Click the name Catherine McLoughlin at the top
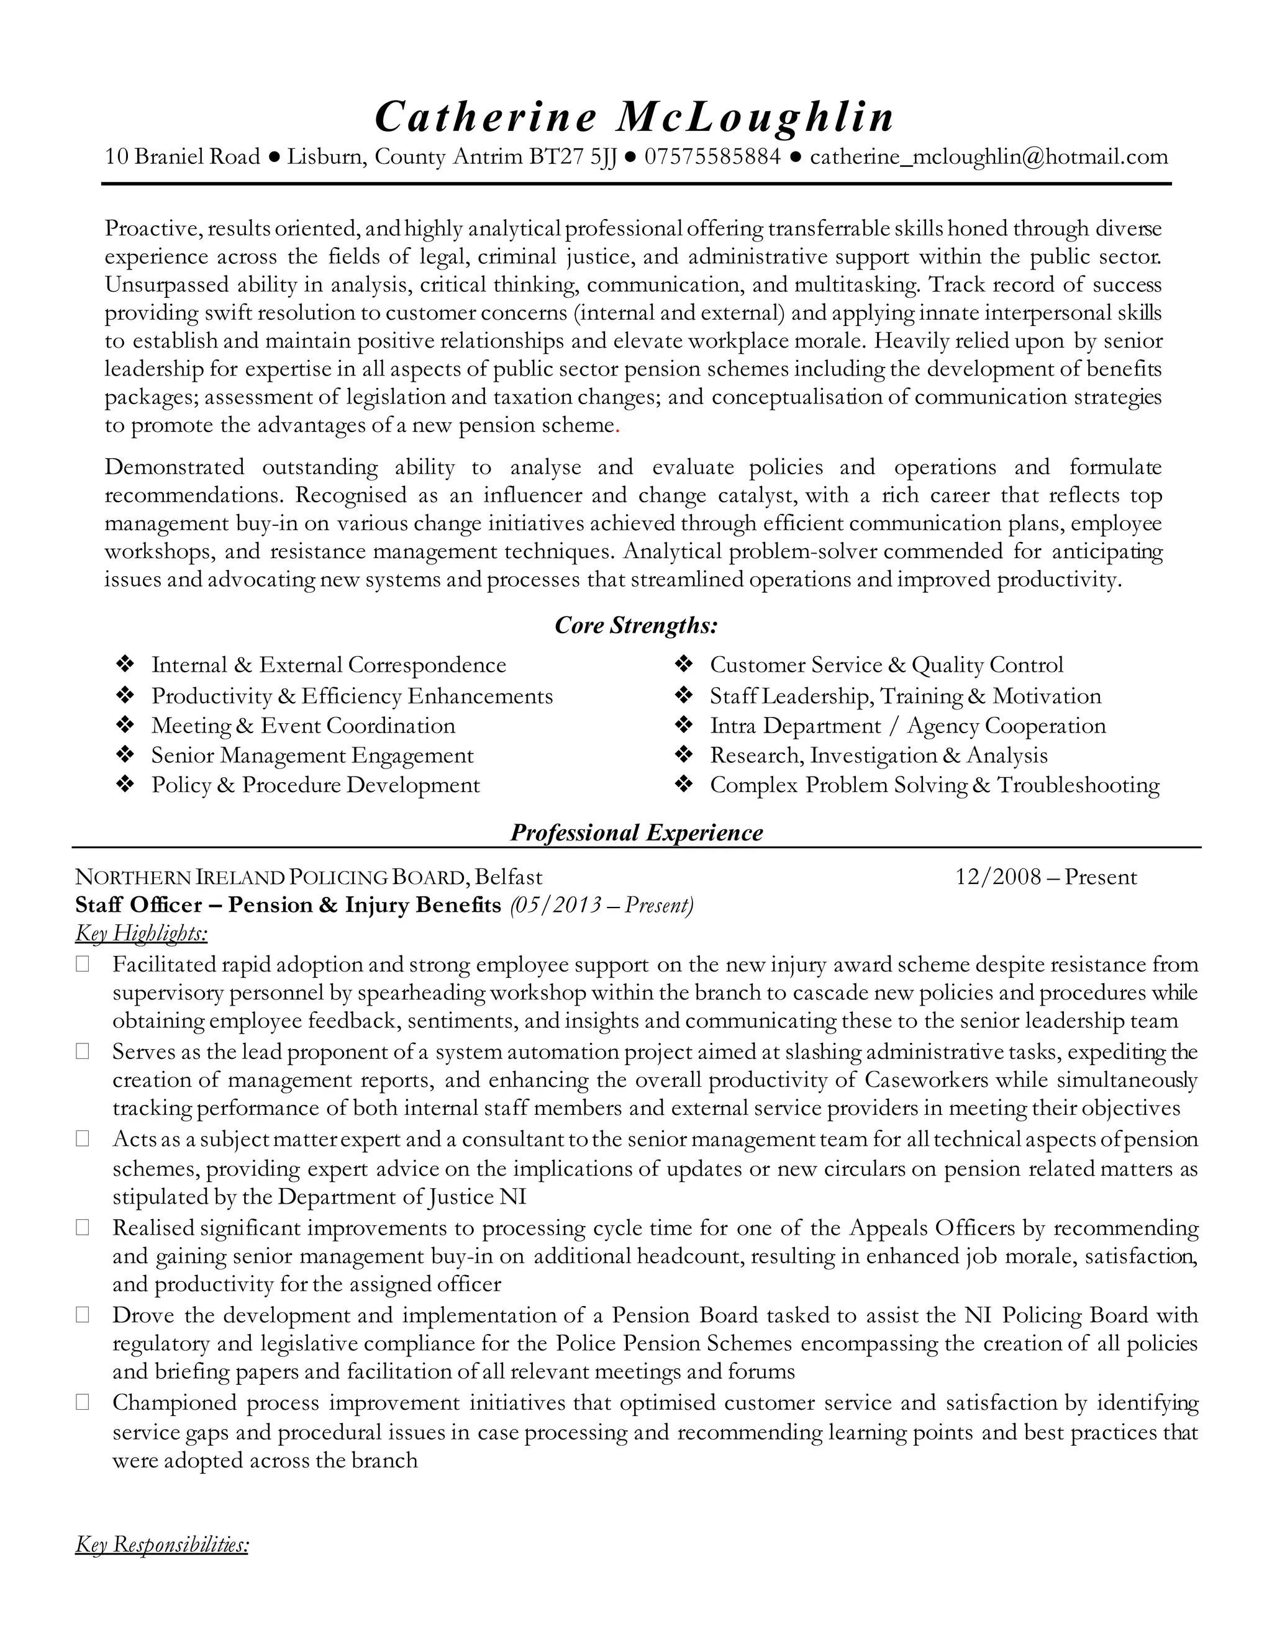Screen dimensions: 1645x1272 [x=635, y=117]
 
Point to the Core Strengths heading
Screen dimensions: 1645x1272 [x=636, y=625]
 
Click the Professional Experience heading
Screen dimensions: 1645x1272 [x=636, y=832]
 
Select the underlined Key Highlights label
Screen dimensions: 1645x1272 [x=141, y=934]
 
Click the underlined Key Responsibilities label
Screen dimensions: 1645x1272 [x=161, y=1546]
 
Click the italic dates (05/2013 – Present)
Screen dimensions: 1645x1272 [x=601, y=904]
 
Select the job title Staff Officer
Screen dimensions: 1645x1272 [x=139, y=904]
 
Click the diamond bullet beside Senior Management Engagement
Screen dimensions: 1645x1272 [x=125, y=755]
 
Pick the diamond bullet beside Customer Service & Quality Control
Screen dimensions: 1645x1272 [x=683, y=664]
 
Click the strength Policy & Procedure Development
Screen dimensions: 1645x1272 [x=315, y=786]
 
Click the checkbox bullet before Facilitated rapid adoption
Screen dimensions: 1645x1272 [x=82, y=965]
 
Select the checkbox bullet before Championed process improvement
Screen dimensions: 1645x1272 [x=82, y=1402]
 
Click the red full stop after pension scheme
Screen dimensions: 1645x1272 [x=618, y=427]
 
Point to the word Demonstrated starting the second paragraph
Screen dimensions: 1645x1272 [x=174, y=468]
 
